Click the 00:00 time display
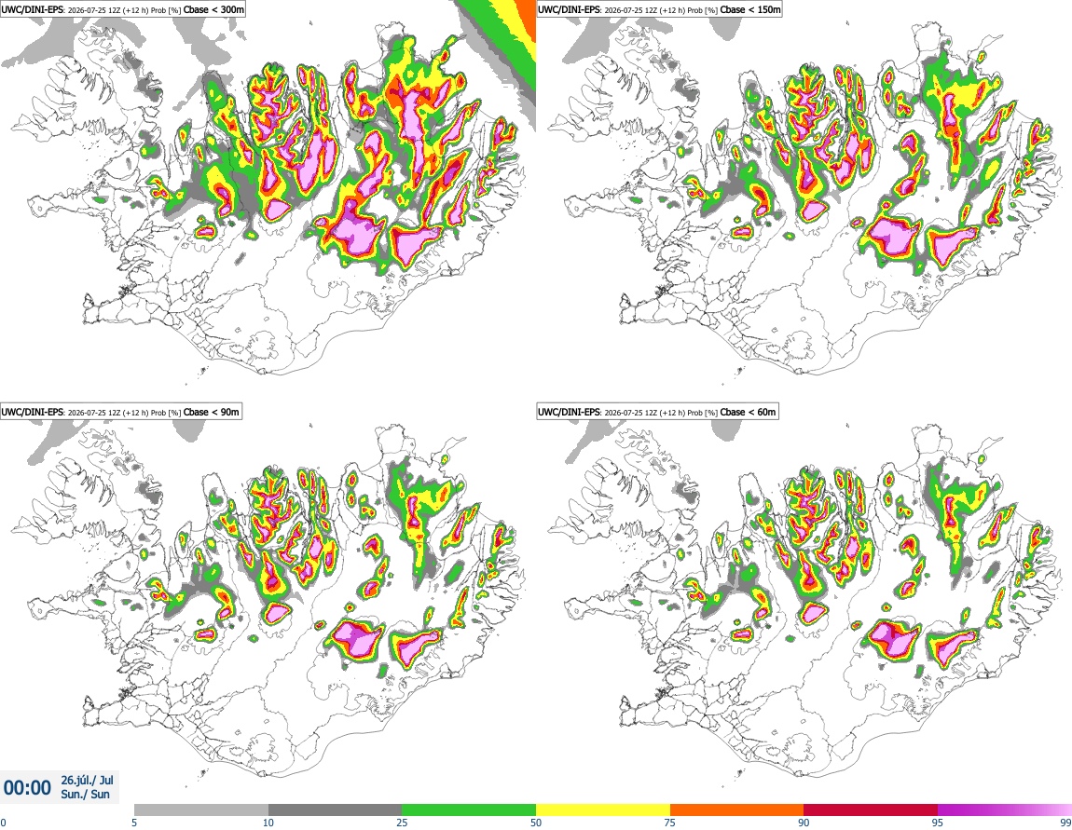27,788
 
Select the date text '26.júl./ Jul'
88,780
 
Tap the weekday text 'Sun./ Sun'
86,795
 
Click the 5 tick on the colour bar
134,823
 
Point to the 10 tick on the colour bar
268,823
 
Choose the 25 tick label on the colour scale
402,823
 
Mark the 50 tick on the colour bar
536,823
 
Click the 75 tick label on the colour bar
670,823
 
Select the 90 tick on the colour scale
804,823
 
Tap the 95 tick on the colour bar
938,823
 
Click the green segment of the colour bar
469,810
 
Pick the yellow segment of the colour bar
603,810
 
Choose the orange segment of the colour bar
737,810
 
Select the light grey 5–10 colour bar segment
201,810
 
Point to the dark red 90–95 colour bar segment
871,810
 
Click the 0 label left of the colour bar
3,823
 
